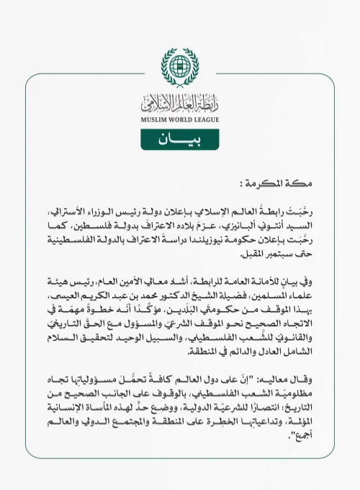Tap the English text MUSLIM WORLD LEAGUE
[x=179, y=120]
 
